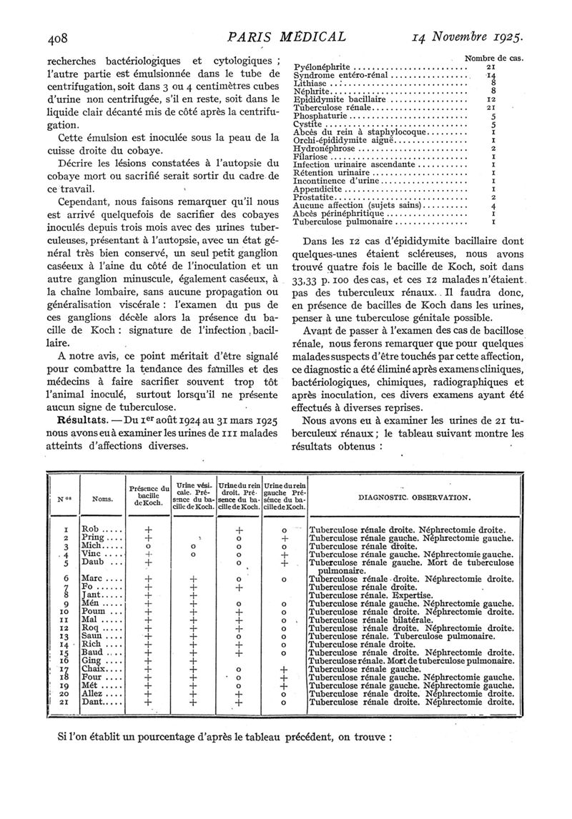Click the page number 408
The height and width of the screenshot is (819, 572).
(x=60, y=36)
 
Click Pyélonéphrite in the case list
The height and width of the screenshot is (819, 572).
(x=322, y=67)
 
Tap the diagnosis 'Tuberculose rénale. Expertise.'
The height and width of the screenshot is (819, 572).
(x=370, y=595)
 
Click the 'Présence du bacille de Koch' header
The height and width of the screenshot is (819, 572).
(x=149, y=496)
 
